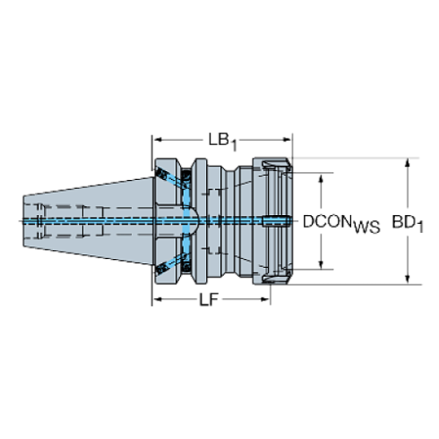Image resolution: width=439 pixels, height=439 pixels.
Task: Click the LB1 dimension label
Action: [219, 141]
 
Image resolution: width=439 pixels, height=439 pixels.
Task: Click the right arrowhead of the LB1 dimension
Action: [289, 141]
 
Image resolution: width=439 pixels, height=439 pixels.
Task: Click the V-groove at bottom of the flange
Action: [185, 273]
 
